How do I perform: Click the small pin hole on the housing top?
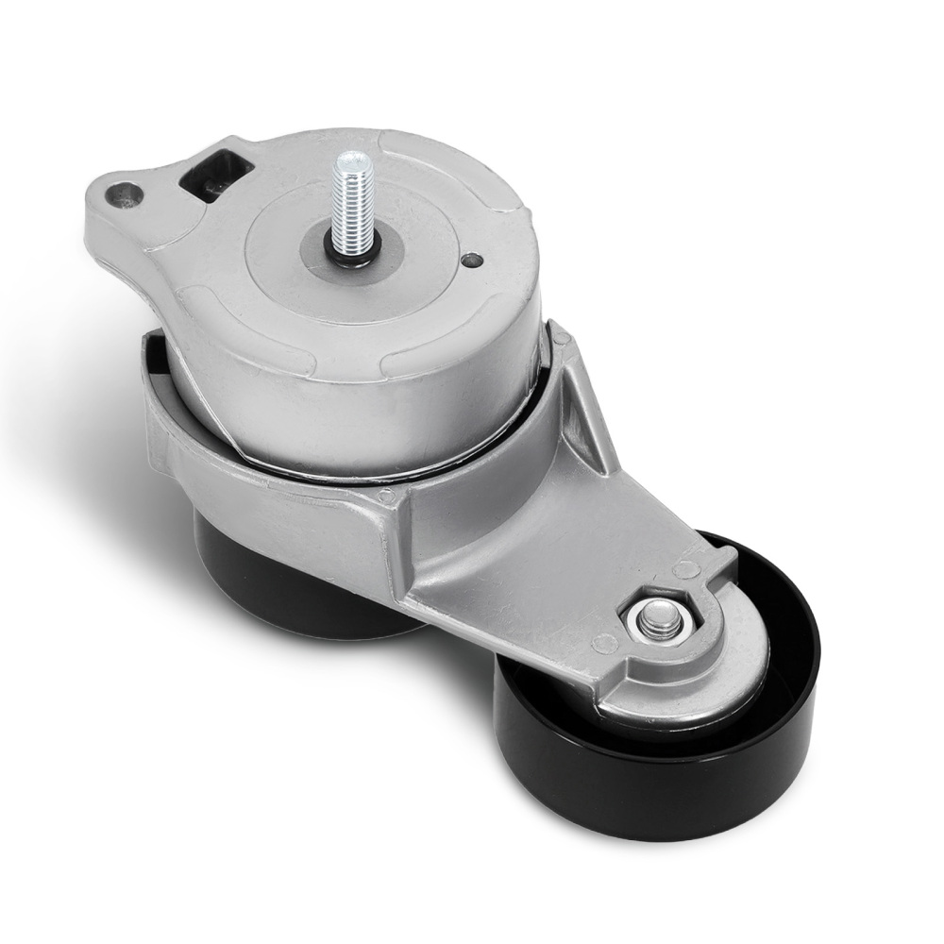(x=470, y=260)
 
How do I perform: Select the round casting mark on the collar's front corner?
(x=384, y=493)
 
